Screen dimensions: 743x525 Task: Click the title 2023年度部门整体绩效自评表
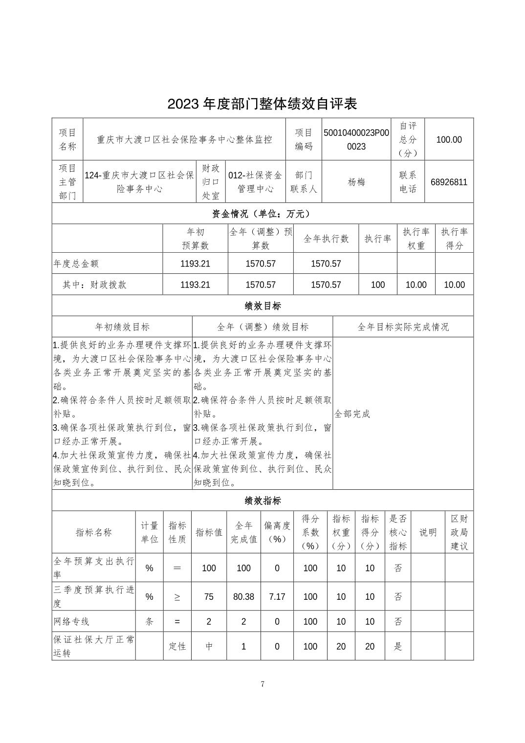click(x=262, y=104)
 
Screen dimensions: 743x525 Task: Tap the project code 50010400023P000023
click(x=356, y=139)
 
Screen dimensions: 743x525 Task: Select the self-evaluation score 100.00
click(x=449, y=140)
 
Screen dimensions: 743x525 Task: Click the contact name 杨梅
click(x=356, y=182)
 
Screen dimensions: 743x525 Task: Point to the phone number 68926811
click(x=449, y=182)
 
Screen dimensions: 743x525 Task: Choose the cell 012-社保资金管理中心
click(x=255, y=182)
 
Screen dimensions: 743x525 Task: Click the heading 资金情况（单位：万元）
click(x=262, y=214)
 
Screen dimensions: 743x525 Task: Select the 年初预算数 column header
click(x=195, y=239)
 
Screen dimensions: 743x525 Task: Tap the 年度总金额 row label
click(x=76, y=263)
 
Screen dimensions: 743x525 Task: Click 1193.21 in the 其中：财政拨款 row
click(x=195, y=284)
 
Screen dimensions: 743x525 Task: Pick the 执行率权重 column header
click(x=416, y=239)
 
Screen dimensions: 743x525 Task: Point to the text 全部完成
click(x=352, y=414)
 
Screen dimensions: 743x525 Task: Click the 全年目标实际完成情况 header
click(x=403, y=327)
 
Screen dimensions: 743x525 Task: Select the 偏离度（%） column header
click(x=277, y=532)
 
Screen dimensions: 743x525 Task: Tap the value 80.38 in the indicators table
click(x=243, y=596)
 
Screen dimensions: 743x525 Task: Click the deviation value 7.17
click(x=277, y=596)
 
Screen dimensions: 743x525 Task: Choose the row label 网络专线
click(x=71, y=622)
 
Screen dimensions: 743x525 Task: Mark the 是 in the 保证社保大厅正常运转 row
click(x=398, y=646)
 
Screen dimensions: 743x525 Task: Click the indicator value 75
click(x=209, y=596)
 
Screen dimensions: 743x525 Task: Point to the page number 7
click(x=262, y=684)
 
